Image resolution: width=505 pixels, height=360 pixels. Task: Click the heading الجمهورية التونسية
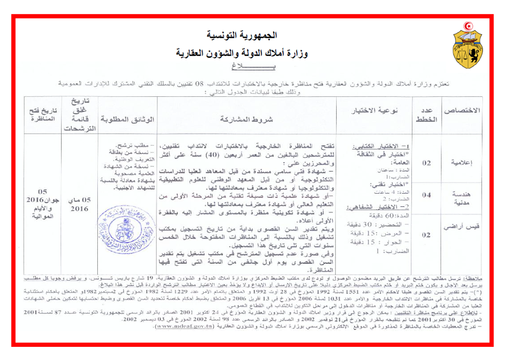[x=241, y=36]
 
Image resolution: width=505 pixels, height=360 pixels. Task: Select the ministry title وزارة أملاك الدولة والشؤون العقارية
[x=241, y=53]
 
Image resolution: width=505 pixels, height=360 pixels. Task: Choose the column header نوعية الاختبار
[x=381, y=112]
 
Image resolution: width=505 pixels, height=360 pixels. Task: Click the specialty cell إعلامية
[x=461, y=163]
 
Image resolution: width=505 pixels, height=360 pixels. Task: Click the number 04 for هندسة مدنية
[x=427, y=195]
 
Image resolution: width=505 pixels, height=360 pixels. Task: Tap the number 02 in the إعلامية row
[x=427, y=163]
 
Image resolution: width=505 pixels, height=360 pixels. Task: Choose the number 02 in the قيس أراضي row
[x=427, y=235]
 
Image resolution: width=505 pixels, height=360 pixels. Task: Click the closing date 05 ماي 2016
[x=80, y=204]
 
